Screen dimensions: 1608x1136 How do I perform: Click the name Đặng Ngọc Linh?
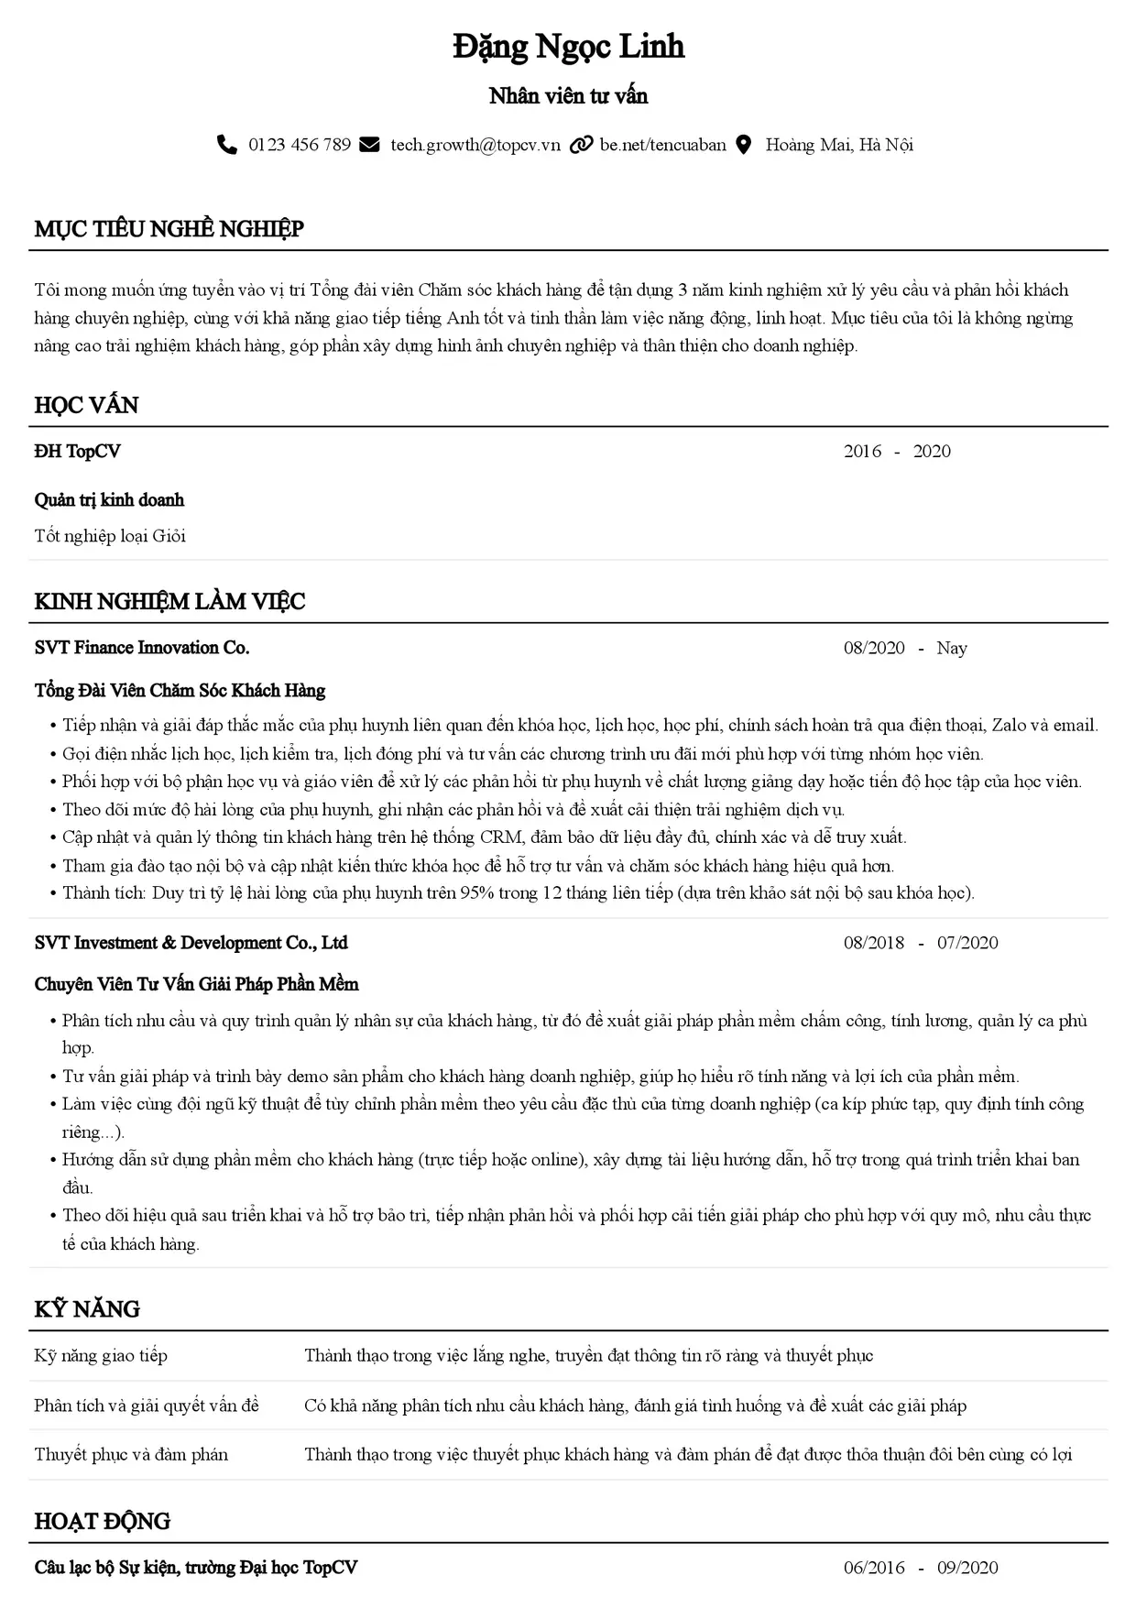(568, 47)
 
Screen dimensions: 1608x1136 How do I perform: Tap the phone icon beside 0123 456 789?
(226, 145)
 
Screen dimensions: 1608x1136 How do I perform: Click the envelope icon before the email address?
(369, 145)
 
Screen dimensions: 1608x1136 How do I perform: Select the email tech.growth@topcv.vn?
(475, 145)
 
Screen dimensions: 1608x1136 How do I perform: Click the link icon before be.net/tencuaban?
(581, 145)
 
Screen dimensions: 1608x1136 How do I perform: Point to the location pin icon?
(744, 145)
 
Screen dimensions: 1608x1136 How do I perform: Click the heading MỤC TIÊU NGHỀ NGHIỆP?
(169, 229)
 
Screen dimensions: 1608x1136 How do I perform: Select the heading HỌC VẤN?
(86, 405)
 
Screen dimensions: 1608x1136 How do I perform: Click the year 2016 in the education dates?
(862, 451)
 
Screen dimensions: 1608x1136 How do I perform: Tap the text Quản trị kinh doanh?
(109, 500)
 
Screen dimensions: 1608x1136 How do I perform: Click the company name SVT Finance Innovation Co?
(142, 648)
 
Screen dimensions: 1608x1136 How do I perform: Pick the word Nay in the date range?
(952, 649)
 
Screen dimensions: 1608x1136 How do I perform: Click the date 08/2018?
(873, 943)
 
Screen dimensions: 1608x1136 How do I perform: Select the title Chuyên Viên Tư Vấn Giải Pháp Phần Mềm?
(196, 985)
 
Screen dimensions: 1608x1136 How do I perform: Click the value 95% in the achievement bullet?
(476, 892)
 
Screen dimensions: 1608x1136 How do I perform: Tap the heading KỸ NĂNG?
(87, 1308)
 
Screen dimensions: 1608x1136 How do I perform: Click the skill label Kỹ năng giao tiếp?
(101, 1356)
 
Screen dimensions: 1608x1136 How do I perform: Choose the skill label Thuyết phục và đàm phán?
(131, 1455)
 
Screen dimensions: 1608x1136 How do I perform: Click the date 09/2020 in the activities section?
(967, 1568)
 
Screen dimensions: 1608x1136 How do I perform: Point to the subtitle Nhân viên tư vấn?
(568, 96)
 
